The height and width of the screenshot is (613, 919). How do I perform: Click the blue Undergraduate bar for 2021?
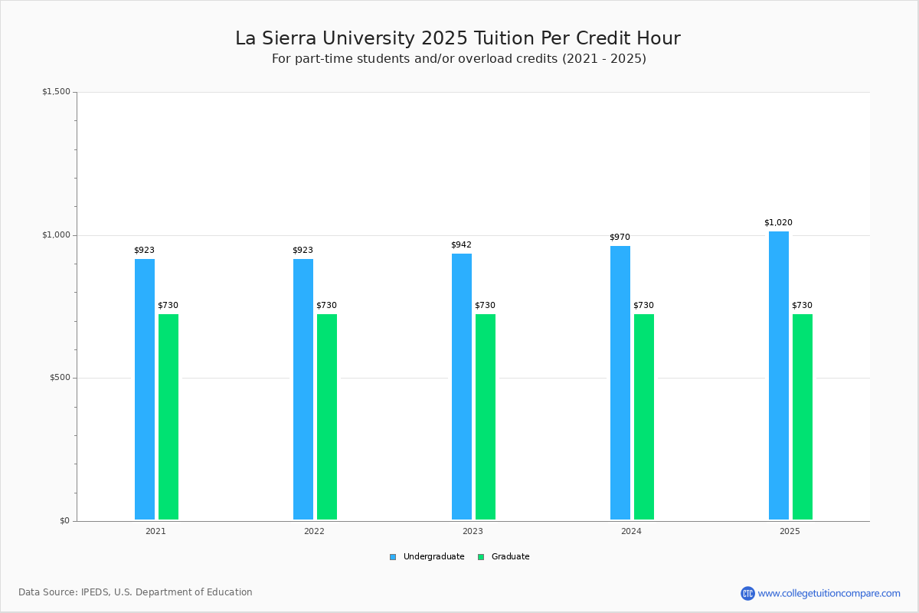tap(145, 389)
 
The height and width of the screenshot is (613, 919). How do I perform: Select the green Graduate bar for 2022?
tap(327, 417)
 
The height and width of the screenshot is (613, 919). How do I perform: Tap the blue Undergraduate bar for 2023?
tap(462, 387)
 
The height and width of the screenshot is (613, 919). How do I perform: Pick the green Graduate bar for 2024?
tap(644, 417)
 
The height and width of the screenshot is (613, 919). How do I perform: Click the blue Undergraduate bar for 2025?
tap(779, 375)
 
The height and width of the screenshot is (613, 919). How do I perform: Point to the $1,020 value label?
tap(778, 222)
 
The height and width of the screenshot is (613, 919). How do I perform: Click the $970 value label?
tap(620, 237)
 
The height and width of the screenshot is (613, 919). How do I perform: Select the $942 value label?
tap(462, 244)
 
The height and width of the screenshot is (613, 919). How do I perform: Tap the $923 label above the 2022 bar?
tap(303, 250)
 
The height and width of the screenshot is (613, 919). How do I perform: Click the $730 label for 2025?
tap(802, 305)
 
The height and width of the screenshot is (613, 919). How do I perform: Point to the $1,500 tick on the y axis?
tap(56, 91)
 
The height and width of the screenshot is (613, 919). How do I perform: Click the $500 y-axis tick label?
tap(60, 378)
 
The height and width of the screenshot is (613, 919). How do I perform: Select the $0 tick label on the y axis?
tap(65, 521)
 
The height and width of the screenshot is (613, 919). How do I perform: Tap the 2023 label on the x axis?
tap(473, 531)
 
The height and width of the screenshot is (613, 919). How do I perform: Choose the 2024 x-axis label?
tap(631, 531)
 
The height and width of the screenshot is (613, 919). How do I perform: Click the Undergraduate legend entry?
tap(427, 557)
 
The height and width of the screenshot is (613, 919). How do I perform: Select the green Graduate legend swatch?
tap(481, 557)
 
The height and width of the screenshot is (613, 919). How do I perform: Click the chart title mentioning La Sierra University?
tap(458, 38)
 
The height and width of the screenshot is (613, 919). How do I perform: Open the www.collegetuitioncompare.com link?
tap(829, 593)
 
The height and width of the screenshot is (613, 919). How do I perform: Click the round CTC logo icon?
tap(747, 593)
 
